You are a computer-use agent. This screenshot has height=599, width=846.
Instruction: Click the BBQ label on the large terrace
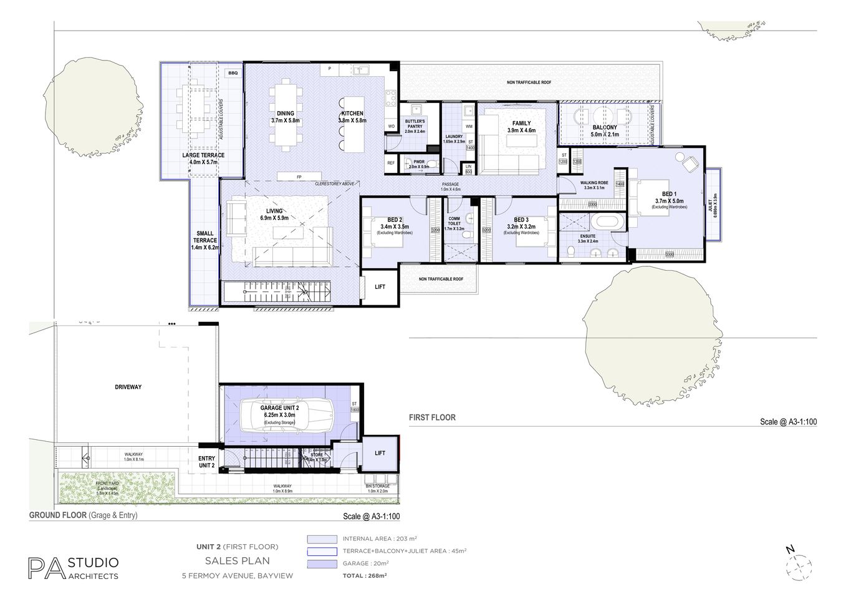[233, 73]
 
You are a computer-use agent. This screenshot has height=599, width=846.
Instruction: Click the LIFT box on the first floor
[380, 287]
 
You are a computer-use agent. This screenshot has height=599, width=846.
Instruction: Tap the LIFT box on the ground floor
[380, 453]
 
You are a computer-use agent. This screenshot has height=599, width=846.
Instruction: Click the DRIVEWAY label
[128, 387]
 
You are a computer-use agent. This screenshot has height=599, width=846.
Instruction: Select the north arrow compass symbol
[799, 566]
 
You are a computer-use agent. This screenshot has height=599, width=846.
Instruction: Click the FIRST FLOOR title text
[432, 417]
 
